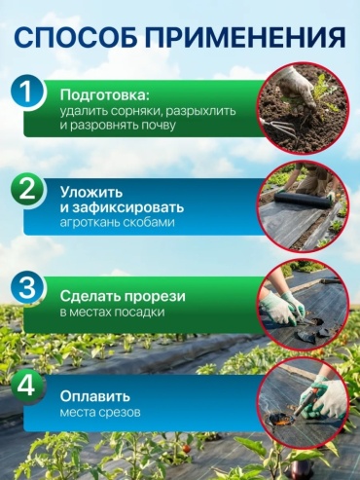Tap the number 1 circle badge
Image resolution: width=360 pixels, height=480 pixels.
(26, 92)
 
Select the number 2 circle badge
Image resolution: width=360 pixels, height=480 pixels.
(26, 191)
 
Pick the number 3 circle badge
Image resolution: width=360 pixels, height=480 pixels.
(26, 288)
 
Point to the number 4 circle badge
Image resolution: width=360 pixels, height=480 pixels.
(26, 387)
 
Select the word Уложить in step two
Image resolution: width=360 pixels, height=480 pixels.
(91, 193)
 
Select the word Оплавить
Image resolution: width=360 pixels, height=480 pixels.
(95, 396)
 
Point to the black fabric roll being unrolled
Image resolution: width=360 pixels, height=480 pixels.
(305, 199)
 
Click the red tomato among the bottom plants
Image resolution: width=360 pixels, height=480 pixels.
(186, 449)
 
